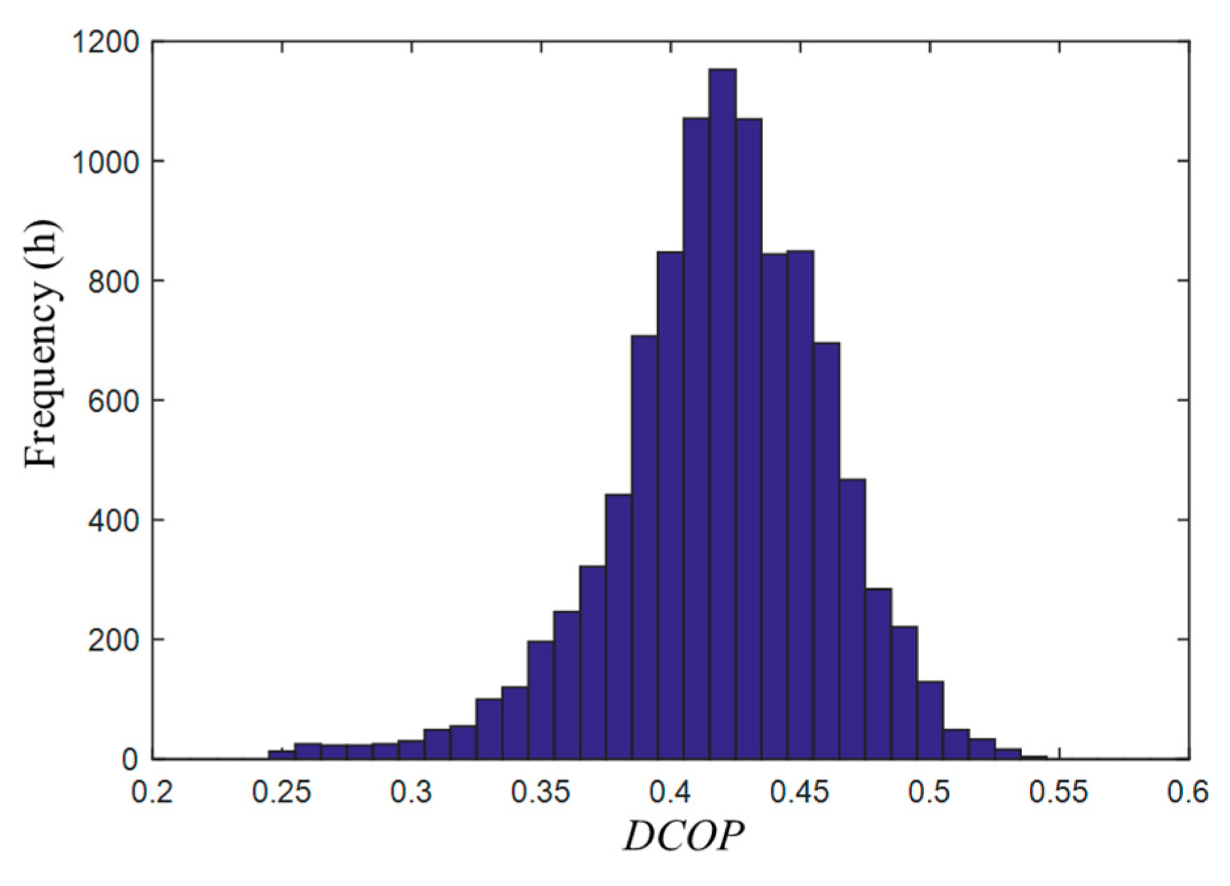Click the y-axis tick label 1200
click(105, 43)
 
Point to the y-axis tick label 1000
click(105, 162)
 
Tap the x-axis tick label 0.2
click(152, 792)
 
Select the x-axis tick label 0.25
click(282, 792)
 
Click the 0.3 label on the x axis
click(411, 792)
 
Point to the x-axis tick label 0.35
click(541, 792)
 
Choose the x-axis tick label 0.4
click(670, 792)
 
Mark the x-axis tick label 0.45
click(800, 792)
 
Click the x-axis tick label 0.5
click(929, 792)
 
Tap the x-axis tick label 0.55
click(1059, 792)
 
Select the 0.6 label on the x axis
click(1187, 792)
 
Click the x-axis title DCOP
click(683, 836)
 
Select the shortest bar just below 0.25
click(282, 755)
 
